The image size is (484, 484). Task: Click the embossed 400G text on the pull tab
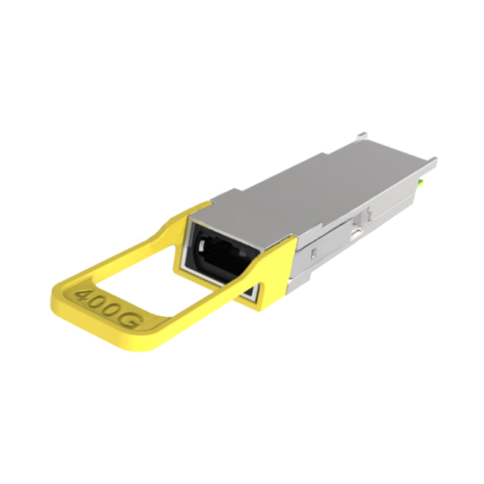[110, 309]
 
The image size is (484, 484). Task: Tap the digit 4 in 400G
[84, 294]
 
